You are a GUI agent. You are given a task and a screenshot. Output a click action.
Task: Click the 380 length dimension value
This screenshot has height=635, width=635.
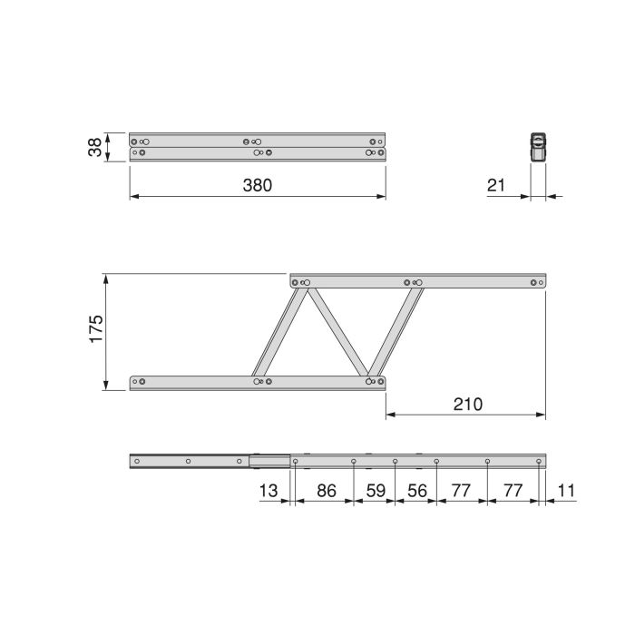pos(258,185)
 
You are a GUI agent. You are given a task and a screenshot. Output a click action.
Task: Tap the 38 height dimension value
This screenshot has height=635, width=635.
pos(93,147)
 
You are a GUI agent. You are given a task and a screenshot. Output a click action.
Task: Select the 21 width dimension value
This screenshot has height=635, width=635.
pos(496,185)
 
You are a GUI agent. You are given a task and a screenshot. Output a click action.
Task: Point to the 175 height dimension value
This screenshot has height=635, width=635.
pos(94,331)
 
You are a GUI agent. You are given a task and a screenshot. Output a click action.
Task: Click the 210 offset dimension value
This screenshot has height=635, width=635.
pos(466,404)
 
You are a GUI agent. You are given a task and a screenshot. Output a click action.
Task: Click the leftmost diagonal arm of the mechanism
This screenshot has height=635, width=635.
pos(279,331)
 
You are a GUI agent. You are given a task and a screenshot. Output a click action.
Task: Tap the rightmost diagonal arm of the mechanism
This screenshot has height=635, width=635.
pos(393,331)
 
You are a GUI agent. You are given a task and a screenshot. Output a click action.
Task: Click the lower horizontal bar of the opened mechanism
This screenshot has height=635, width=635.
pos(258,382)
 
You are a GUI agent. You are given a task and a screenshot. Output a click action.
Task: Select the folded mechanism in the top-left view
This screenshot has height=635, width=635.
pos(258,147)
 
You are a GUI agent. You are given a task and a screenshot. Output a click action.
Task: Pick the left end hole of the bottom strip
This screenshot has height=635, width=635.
pos(137,461)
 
